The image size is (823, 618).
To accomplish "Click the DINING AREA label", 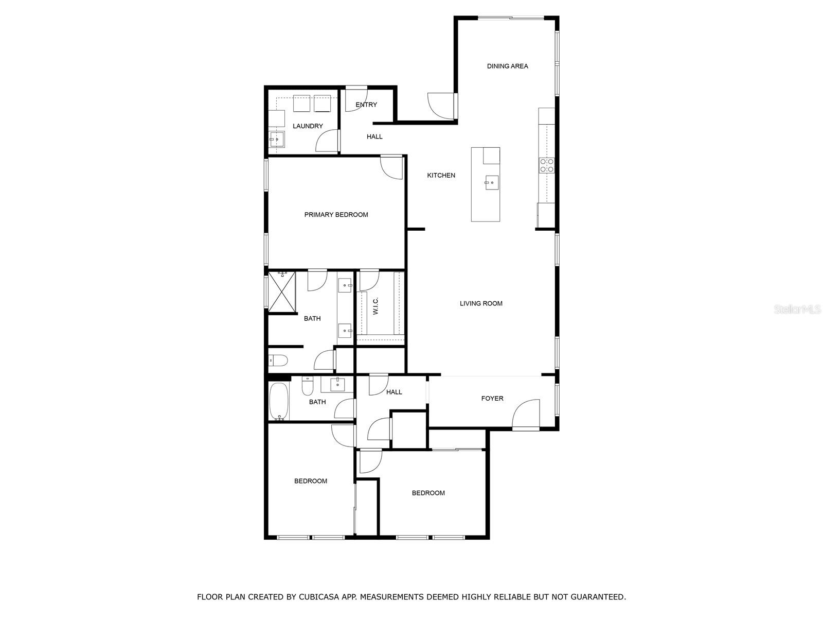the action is pyautogui.click(x=507, y=66).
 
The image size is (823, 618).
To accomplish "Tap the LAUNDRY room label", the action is pyautogui.click(x=308, y=126).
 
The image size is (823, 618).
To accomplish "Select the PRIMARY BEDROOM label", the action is pyautogui.click(x=336, y=215).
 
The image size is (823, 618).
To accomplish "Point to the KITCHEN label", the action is pyautogui.click(x=441, y=175).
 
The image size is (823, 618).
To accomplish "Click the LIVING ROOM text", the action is pyautogui.click(x=481, y=303).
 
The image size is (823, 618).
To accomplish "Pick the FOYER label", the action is pyautogui.click(x=492, y=398).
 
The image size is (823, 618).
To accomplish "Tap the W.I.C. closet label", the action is pyautogui.click(x=375, y=306).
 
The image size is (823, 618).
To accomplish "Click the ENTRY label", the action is pyautogui.click(x=366, y=105).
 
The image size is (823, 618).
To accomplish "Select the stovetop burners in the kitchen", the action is pyautogui.click(x=547, y=165).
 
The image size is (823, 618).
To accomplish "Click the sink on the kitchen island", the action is pyautogui.click(x=492, y=182).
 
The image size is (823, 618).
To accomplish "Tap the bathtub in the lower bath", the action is pyautogui.click(x=279, y=401).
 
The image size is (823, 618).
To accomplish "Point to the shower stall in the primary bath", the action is pyautogui.click(x=281, y=293).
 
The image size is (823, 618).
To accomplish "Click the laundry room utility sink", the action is pyautogui.click(x=277, y=139).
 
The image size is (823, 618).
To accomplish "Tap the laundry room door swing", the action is pyautogui.click(x=327, y=141).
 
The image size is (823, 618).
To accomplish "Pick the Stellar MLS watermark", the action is pyautogui.click(x=797, y=309).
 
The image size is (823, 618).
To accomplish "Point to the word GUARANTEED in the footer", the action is pyautogui.click(x=598, y=596).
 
